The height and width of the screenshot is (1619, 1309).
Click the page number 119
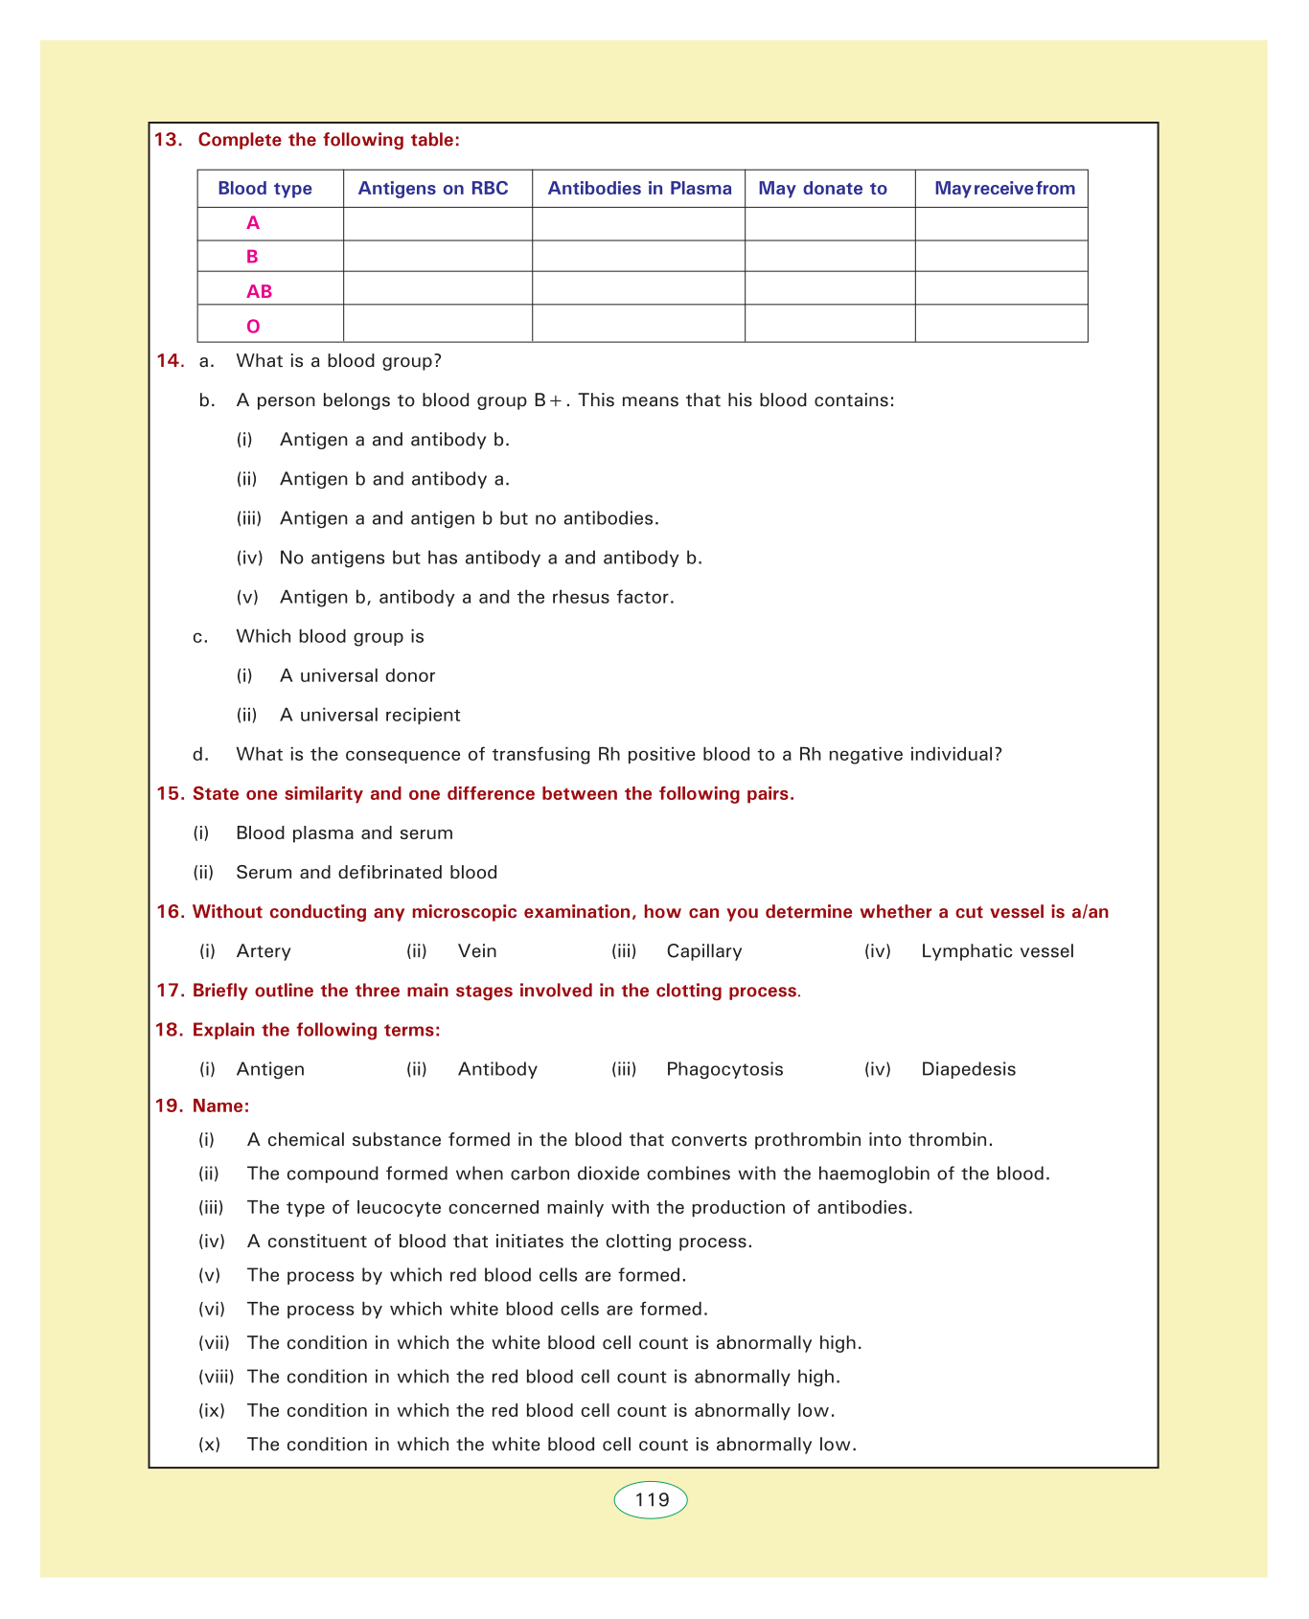[x=652, y=1500]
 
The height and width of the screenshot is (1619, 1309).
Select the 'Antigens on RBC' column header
[x=433, y=189]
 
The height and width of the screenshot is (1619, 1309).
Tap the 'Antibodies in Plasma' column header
[x=639, y=189]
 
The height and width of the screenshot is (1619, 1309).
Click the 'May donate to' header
[x=822, y=189]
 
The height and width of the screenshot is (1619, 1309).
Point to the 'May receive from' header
[x=1004, y=189]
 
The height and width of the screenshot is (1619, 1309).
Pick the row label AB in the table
[x=259, y=291]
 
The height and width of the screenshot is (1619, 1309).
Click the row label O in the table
[x=253, y=327]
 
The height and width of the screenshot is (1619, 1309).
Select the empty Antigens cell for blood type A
[x=437, y=223]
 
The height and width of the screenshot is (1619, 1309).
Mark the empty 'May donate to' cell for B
[x=830, y=257]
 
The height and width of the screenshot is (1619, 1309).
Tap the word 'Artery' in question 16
[x=264, y=951]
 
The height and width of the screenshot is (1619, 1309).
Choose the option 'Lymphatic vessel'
[x=997, y=951]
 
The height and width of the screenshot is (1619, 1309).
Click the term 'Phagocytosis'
[x=724, y=1069]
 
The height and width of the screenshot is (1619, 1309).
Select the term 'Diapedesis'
[x=968, y=1069]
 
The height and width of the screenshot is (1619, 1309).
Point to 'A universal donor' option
[x=357, y=675]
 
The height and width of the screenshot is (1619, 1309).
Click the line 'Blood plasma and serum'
[x=344, y=832]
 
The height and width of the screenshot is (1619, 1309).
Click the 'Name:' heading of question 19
[x=221, y=1106]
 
